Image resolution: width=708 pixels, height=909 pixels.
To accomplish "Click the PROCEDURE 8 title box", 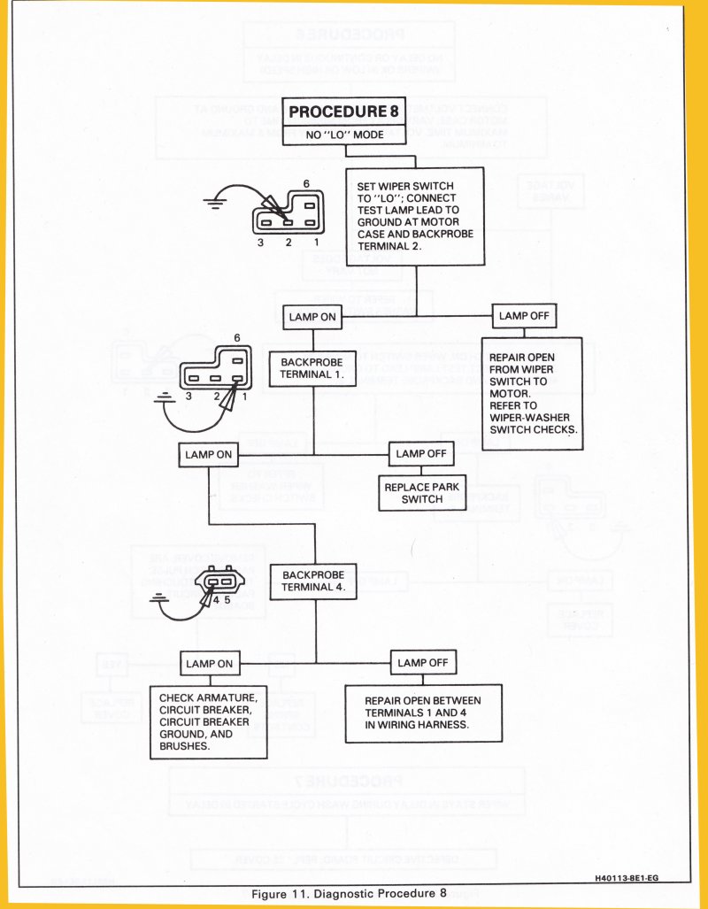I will [344, 112].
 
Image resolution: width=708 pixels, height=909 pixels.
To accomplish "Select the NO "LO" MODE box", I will [344, 135].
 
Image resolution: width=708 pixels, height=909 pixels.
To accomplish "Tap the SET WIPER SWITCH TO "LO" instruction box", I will [415, 215].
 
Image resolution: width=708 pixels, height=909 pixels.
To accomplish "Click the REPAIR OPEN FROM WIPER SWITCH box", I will [531, 393].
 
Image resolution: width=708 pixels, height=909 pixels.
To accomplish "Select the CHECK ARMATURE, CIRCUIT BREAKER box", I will [209, 721].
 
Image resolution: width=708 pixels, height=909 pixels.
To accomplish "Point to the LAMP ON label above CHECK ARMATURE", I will [209, 663].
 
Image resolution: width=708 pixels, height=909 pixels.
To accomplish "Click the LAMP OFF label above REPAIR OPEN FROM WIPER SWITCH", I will [526, 316].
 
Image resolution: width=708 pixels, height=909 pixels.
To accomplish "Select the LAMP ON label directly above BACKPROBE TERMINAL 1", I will [312, 317].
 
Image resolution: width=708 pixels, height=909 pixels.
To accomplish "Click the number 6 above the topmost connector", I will [306, 182].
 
